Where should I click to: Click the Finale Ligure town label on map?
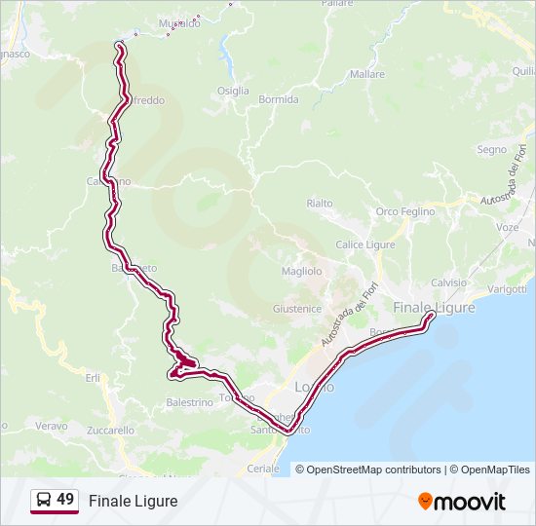pos(434,307)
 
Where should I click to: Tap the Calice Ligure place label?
pos(363,244)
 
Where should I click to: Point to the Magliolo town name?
pos(301,270)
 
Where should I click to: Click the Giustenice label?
pos(296,309)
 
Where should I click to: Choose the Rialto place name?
pos(319,203)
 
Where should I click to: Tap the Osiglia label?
pos(233,91)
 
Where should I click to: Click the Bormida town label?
pos(278,99)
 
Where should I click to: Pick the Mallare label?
pos(366,74)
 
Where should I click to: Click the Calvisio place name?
pos(448,282)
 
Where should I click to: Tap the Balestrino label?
pos(189,402)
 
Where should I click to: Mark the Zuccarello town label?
pos(110,430)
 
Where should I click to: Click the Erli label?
pos(93,377)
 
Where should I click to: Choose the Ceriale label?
pos(262,469)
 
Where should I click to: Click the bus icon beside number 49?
pos(44,500)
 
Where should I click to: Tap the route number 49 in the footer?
pos(65,500)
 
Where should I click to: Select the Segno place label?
pos(491,150)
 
